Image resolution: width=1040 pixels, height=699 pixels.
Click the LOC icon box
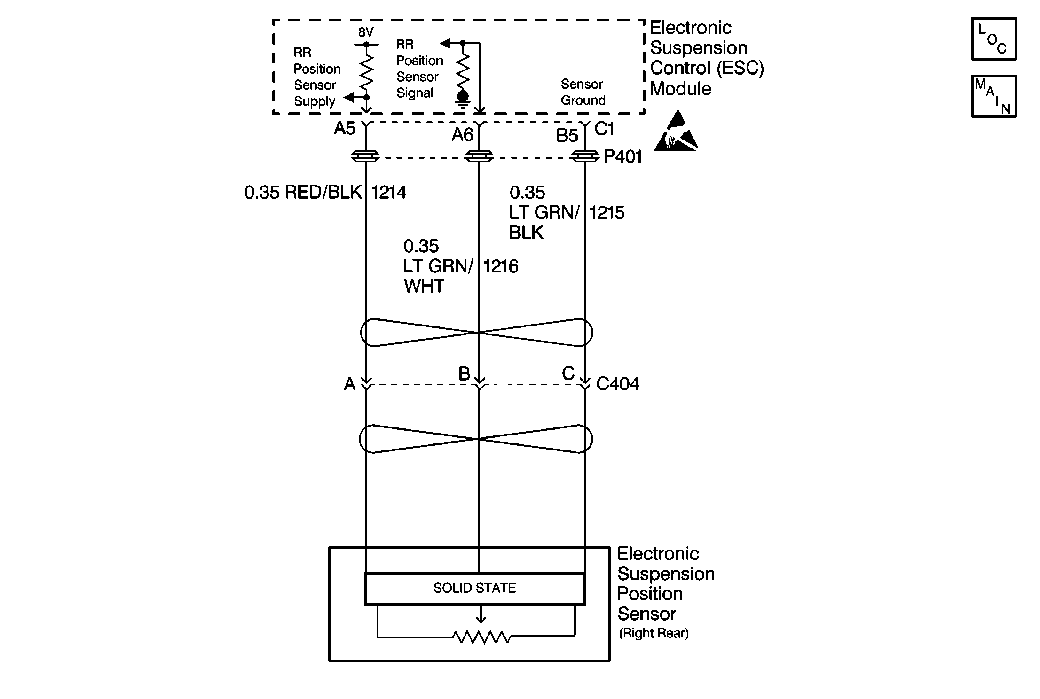click(993, 39)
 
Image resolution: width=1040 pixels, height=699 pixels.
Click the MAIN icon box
click(993, 96)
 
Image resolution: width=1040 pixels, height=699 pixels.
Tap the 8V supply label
click(365, 32)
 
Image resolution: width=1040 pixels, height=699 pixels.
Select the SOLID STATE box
click(475, 588)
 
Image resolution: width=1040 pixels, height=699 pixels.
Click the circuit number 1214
click(388, 193)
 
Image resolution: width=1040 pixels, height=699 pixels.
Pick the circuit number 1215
click(607, 213)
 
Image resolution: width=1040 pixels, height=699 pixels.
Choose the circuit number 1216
click(501, 266)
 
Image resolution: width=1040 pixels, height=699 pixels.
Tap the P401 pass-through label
click(622, 157)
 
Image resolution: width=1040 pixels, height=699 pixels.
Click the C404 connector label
click(617, 384)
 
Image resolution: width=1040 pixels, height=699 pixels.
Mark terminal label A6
click(462, 135)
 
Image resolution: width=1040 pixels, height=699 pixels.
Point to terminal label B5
click(567, 136)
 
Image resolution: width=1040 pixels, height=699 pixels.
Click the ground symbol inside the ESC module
click(463, 99)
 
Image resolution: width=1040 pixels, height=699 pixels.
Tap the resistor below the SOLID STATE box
click(481, 637)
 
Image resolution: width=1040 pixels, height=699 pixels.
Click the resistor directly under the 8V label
click(366, 70)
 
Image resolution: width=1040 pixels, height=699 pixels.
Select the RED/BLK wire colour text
click(323, 193)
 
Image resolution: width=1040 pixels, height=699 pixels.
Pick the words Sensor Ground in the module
click(583, 92)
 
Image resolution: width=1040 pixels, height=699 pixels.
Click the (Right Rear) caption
click(654, 633)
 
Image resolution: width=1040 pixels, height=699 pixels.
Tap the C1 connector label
click(604, 129)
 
